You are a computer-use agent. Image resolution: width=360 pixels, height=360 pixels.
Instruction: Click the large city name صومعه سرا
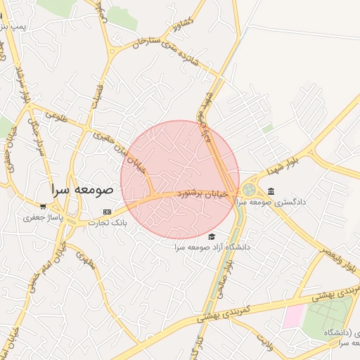[x=82, y=190]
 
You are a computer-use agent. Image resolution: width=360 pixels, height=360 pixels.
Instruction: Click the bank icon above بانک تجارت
[x=107, y=212]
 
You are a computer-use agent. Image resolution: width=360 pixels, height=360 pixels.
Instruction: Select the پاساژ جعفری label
[x=43, y=217]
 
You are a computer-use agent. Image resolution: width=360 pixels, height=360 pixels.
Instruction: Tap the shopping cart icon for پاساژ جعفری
[x=43, y=207]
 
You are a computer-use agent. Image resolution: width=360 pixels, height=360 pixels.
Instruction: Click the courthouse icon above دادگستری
[x=271, y=191]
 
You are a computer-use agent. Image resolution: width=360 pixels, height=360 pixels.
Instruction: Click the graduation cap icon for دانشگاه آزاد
[x=212, y=237]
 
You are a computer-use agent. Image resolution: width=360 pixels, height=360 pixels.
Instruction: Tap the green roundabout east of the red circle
[x=250, y=190]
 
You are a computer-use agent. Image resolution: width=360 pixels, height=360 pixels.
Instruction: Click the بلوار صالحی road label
[x=226, y=277]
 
